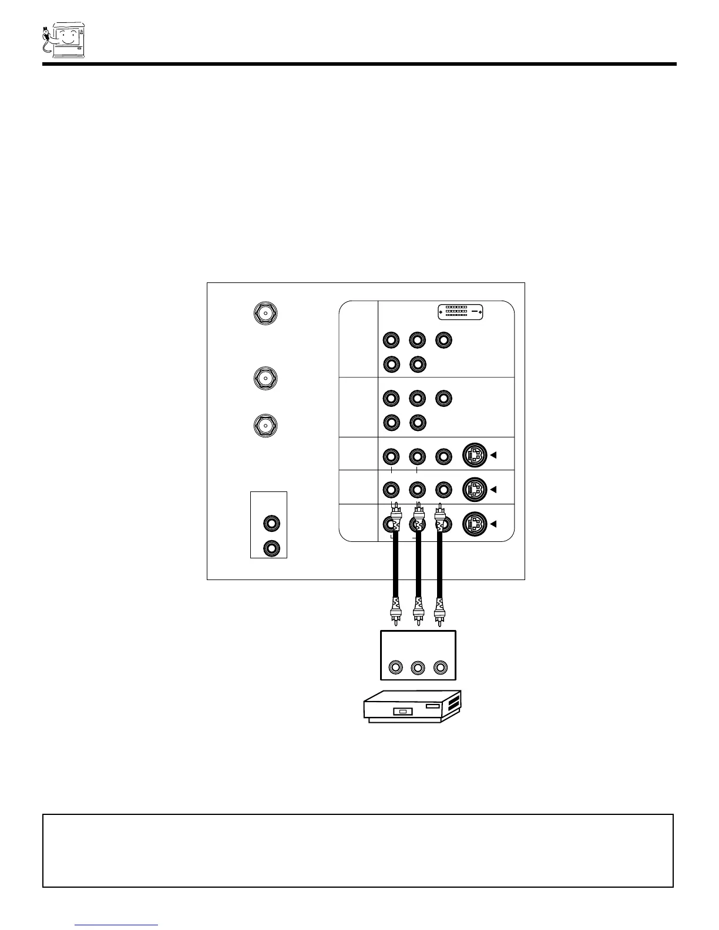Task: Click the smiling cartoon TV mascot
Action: (x=65, y=40)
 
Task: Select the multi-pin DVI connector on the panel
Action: (x=461, y=311)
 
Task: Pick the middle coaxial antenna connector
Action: (x=266, y=378)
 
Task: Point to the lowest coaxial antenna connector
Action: (x=266, y=425)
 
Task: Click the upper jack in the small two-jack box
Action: (x=271, y=522)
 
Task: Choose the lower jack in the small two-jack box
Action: (x=271, y=548)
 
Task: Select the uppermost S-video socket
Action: (x=475, y=455)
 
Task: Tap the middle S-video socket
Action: (x=475, y=488)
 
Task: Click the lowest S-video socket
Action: (x=475, y=523)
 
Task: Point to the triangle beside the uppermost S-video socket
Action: (x=494, y=455)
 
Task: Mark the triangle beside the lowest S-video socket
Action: (x=494, y=523)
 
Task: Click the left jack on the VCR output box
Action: (x=397, y=668)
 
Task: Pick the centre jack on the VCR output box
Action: (x=418, y=668)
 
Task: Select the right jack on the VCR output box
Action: (x=441, y=668)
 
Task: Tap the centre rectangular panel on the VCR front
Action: (x=402, y=712)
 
